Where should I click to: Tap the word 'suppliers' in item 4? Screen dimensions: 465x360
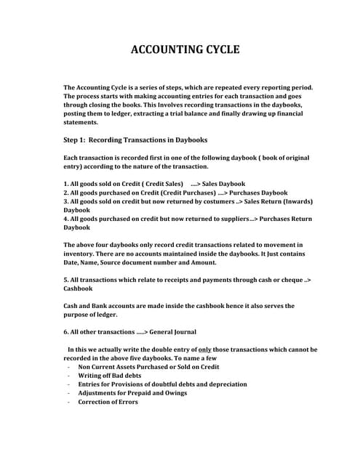coord(230,218)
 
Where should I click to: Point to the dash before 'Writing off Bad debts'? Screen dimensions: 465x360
coord(68,376)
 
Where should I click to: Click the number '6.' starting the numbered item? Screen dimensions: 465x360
coord(67,332)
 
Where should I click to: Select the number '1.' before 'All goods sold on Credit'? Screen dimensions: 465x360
coord(66,183)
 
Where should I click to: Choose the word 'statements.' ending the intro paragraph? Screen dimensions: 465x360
coord(81,123)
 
